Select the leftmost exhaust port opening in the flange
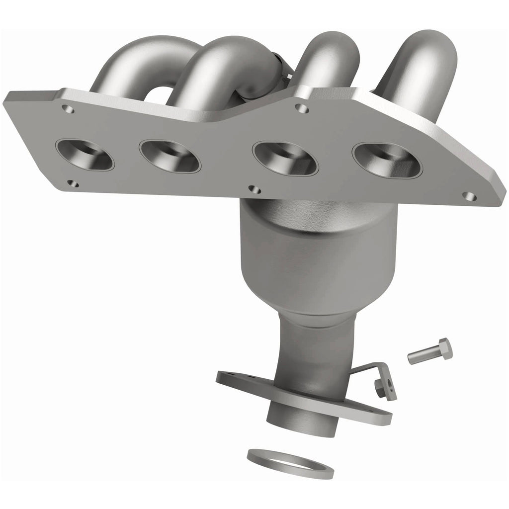point(85,154)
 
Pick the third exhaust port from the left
point(285,159)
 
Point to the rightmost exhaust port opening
point(386,160)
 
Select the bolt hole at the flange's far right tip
point(467,196)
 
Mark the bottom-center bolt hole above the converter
point(254,189)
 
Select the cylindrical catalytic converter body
point(318,254)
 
